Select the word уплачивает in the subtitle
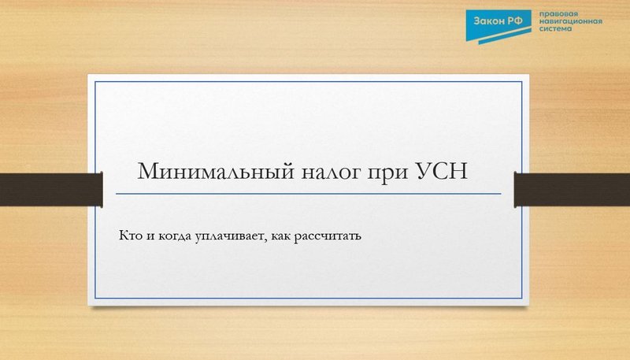click(x=229, y=236)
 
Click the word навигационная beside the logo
click(x=570, y=23)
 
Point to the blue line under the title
click(x=308, y=193)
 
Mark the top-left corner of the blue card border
click(x=95, y=81)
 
